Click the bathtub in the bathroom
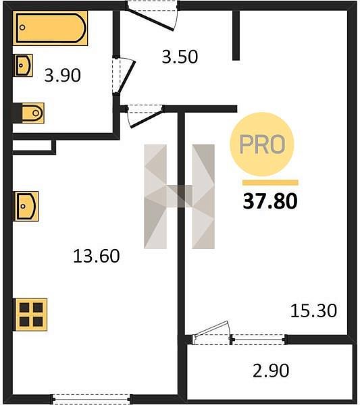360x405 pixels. point(50,28)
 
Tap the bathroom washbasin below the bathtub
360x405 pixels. point(23,65)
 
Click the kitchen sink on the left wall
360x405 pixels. point(26,206)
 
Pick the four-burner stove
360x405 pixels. point(31,315)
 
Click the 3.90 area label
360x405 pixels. point(63,76)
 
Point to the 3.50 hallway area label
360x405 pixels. point(180,57)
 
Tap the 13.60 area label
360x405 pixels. point(97,256)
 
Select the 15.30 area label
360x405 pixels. point(314,310)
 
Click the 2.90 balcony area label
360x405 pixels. point(271,371)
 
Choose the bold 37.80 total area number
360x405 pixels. point(270,201)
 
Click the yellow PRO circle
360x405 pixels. point(262,144)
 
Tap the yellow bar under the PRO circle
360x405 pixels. point(270,183)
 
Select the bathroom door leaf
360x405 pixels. point(126,76)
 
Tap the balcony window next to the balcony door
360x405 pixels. point(259,339)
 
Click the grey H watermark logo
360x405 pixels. point(180,196)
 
